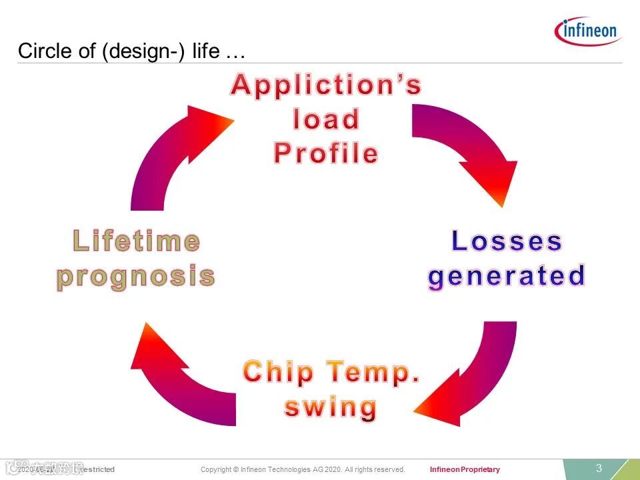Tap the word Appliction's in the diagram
(x=326, y=86)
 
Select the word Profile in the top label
(x=326, y=154)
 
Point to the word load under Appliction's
(x=326, y=120)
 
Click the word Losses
(x=507, y=241)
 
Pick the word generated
(x=507, y=275)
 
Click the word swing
(x=331, y=407)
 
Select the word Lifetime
(x=136, y=241)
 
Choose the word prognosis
(x=136, y=275)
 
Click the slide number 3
(x=599, y=468)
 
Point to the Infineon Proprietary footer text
(x=465, y=469)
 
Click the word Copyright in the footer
(x=215, y=469)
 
